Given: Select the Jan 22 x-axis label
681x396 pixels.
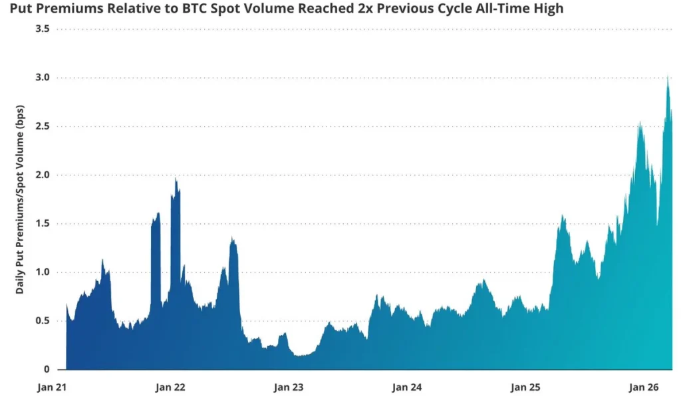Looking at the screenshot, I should [x=170, y=387].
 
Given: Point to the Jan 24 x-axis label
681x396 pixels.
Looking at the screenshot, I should [x=406, y=387].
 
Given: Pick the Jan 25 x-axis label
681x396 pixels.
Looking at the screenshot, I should [x=525, y=387].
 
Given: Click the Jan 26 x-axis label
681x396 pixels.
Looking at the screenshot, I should [x=643, y=387].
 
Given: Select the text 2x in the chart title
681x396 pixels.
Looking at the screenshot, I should [x=365, y=9].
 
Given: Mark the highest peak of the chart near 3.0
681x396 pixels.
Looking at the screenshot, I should [x=667, y=76].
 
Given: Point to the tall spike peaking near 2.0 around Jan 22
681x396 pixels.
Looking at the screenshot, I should [x=176, y=179].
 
